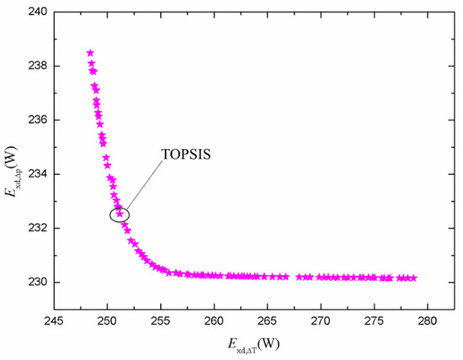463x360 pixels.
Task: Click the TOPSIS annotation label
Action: (x=186, y=154)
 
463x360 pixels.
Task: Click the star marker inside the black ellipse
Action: (x=120, y=214)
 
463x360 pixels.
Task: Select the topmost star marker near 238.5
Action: (x=90, y=53)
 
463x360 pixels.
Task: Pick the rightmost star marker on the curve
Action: (x=413, y=278)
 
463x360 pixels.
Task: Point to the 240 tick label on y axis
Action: (x=38, y=12)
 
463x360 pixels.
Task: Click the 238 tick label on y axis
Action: (x=38, y=66)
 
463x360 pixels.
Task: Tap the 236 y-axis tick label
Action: (x=38, y=120)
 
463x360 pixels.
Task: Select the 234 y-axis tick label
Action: (x=38, y=174)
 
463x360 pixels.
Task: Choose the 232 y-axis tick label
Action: (x=38, y=229)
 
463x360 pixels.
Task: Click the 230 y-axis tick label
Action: (x=38, y=283)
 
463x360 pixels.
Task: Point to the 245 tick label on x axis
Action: (x=54, y=320)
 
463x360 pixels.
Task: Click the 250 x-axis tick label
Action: (x=108, y=320)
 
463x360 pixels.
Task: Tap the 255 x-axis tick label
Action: (x=161, y=320)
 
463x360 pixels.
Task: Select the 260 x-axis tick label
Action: (x=214, y=320)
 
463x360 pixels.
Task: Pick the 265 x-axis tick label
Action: (x=267, y=320)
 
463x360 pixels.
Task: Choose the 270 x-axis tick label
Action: (x=321, y=320)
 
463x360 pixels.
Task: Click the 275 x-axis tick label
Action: (x=374, y=320)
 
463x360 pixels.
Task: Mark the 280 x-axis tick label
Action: (x=428, y=320)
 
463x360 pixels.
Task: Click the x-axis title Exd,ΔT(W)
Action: (x=253, y=345)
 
